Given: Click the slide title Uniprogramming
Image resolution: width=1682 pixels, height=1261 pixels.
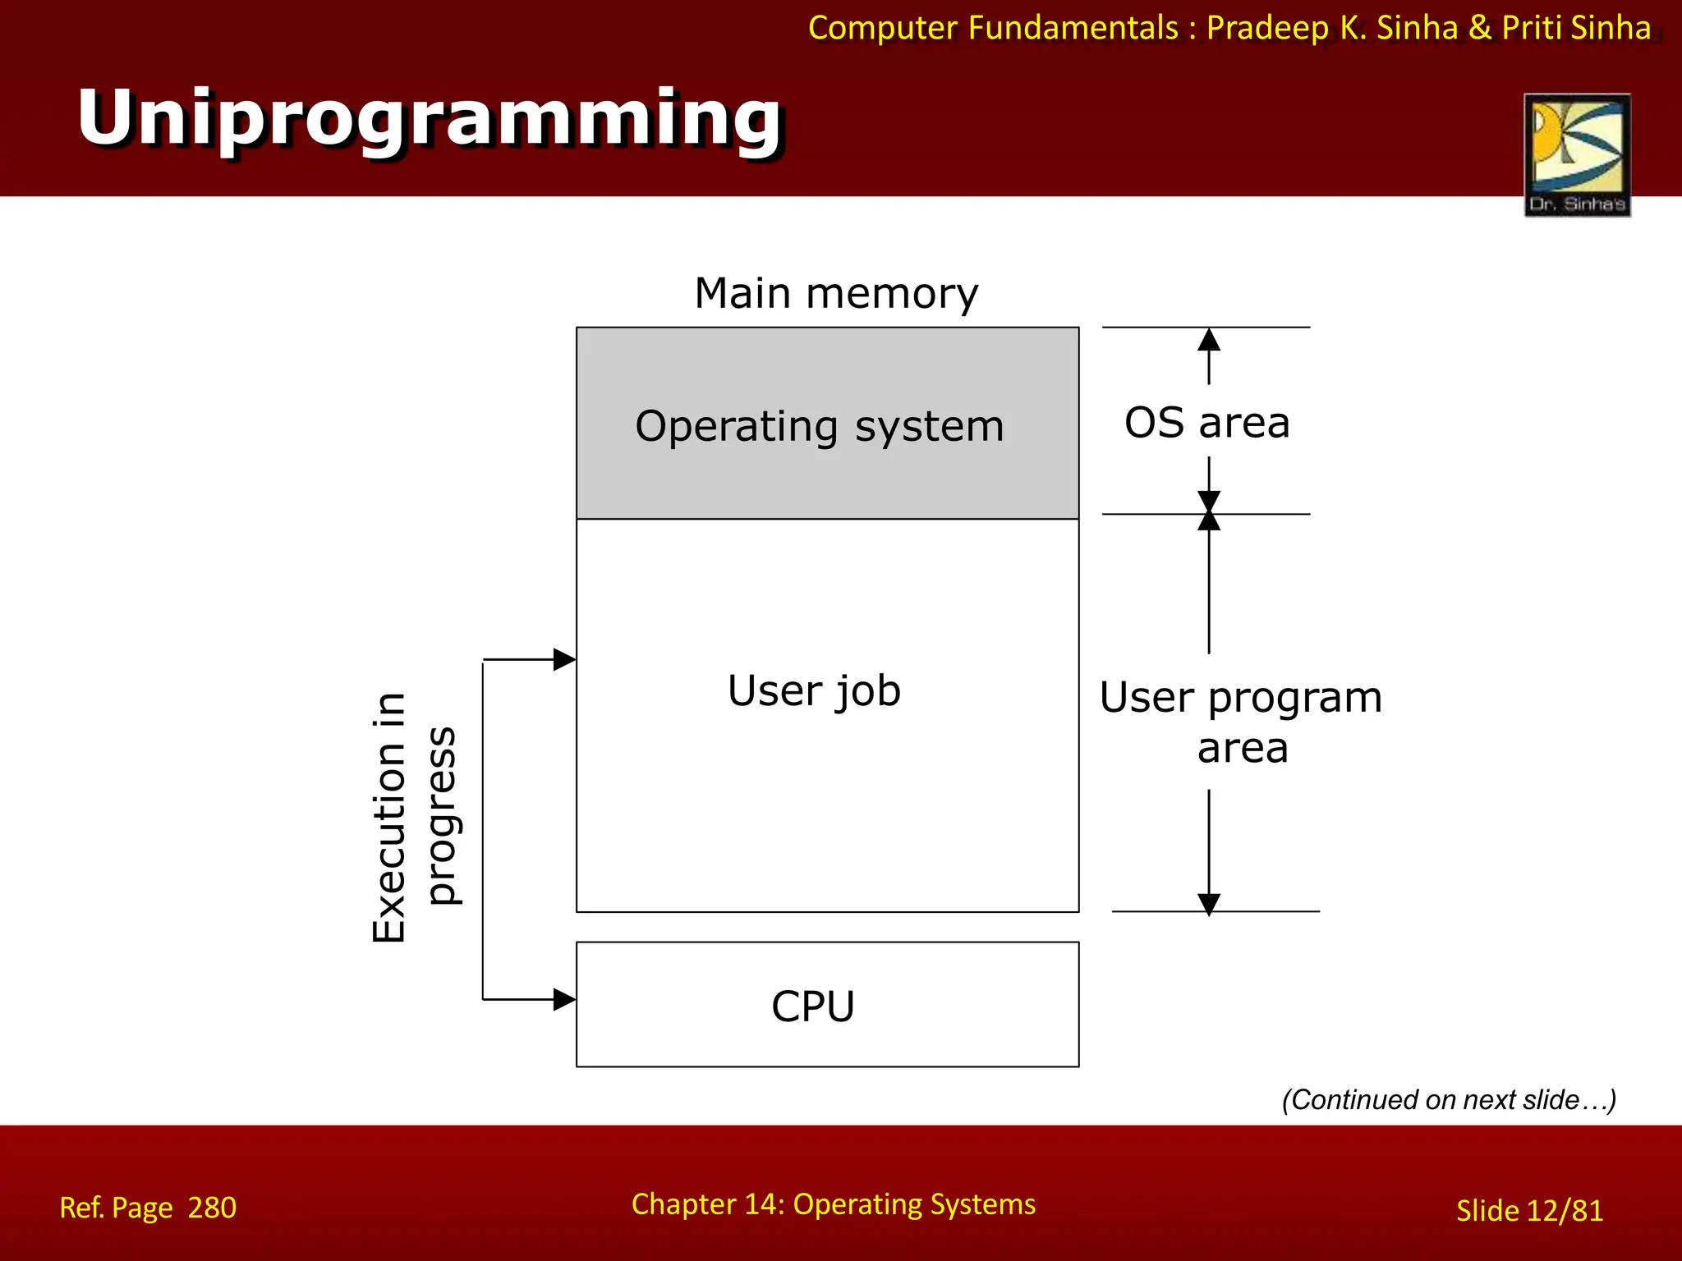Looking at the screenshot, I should [x=430, y=119].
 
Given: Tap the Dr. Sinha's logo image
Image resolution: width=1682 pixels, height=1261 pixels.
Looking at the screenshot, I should [x=1576, y=154].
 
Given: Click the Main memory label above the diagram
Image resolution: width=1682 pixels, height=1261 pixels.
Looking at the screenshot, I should [x=836, y=293].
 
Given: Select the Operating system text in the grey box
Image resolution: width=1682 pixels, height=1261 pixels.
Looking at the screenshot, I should [x=819, y=427].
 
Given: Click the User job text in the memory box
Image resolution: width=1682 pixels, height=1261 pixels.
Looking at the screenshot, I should [x=814, y=690].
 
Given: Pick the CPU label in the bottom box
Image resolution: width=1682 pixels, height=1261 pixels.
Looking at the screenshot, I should [x=813, y=1007].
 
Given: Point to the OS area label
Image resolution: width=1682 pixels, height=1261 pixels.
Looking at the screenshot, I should [x=1206, y=423].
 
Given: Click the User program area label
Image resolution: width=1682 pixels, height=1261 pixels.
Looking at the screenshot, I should [x=1240, y=722].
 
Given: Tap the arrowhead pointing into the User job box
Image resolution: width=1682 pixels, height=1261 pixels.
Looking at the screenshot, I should [x=564, y=659].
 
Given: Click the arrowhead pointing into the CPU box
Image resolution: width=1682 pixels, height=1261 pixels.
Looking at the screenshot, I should [x=564, y=999].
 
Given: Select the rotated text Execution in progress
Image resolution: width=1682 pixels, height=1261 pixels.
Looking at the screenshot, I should [x=415, y=817].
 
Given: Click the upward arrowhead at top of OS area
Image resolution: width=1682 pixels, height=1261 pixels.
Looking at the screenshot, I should [x=1208, y=339].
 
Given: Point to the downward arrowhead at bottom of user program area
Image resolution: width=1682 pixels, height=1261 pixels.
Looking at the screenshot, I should [x=1208, y=903].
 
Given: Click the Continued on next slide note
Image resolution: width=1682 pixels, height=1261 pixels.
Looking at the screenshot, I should [x=1448, y=1099].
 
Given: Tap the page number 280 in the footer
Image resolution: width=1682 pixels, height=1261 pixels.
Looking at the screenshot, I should [x=212, y=1208].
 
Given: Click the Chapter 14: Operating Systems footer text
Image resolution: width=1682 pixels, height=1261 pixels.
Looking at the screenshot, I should [x=833, y=1204].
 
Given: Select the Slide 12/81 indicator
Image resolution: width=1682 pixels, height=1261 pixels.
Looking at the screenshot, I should [x=1529, y=1211].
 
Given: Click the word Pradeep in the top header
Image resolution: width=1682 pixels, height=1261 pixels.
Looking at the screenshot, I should [x=1267, y=28].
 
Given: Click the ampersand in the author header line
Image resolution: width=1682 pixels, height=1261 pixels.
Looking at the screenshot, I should [x=1479, y=28].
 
